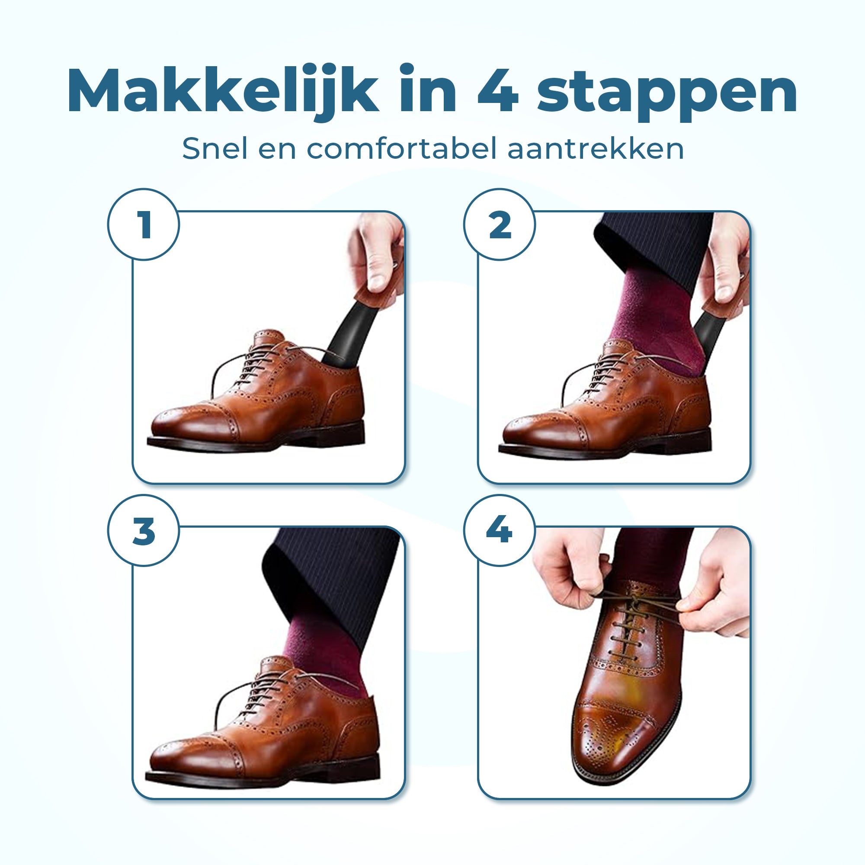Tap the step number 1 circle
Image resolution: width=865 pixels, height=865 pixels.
[x=143, y=224]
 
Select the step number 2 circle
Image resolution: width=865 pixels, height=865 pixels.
[x=499, y=224]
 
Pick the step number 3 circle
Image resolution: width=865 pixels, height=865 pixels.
[x=143, y=531]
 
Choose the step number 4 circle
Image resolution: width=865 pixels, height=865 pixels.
[x=499, y=531]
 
